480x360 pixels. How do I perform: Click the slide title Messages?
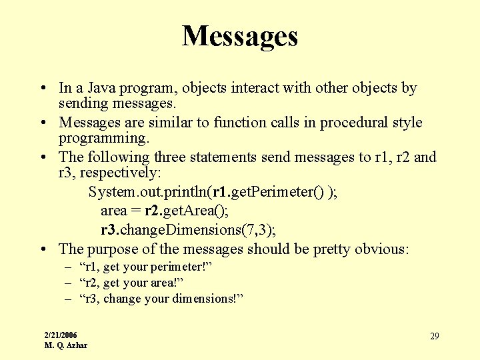(x=239, y=36)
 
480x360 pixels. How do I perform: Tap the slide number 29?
(x=434, y=336)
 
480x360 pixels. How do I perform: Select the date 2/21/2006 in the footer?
(x=61, y=334)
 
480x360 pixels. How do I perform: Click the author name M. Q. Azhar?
(x=65, y=345)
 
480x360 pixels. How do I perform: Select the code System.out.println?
(x=147, y=192)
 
